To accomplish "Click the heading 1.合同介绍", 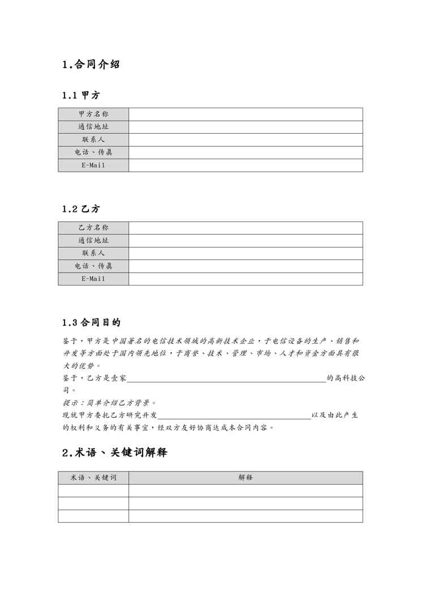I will [91, 65].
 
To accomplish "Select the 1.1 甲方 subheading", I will [81, 95].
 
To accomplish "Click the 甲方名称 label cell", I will [93, 114].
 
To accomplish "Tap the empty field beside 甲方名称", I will [246, 114].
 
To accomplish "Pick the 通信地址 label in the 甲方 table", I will [93, 127].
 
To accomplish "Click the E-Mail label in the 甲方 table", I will [93, 165].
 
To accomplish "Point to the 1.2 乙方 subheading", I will [81, 209].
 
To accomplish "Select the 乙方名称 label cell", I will [93, 228].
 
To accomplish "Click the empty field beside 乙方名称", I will [246, 228].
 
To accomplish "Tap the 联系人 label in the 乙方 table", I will [93, 253].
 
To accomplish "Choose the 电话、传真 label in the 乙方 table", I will [93, 266].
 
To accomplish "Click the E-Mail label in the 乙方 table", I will [93, 279].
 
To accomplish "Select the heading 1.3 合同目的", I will [91, 323].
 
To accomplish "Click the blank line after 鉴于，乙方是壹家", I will [226, 378].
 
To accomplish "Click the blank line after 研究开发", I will [234, 416].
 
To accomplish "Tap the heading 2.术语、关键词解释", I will [114, 453].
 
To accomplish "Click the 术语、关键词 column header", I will [93, 478].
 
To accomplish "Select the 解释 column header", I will [246, 478].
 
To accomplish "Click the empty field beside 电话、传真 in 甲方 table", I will [246, 152].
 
